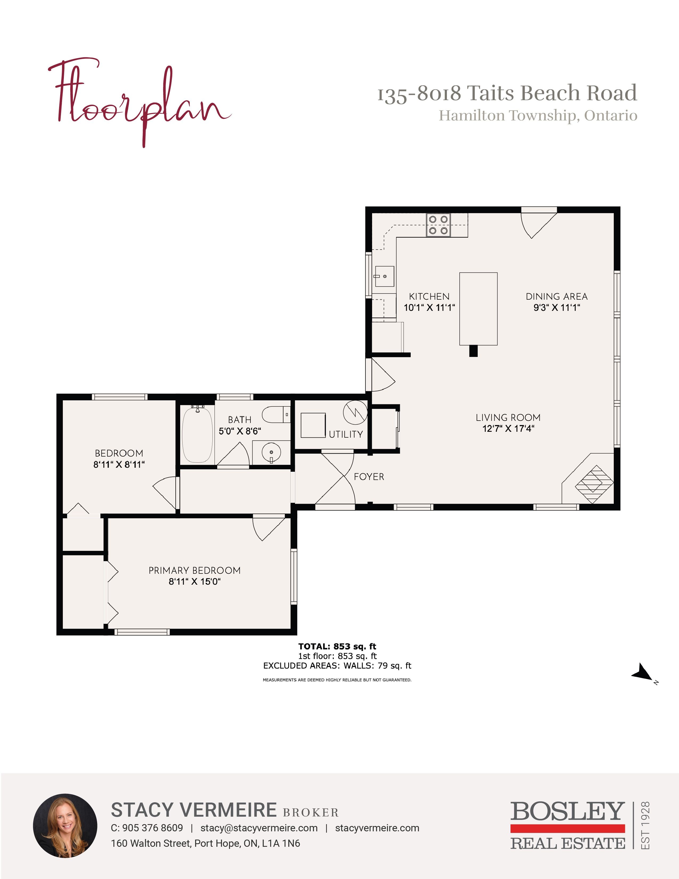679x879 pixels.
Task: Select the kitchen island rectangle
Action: click(x=478, y=309)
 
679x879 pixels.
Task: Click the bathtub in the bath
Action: click(x=197, y=434)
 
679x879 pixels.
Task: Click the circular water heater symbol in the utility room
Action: click(x=355, y=413)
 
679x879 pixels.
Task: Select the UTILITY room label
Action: click(x=346, y=434)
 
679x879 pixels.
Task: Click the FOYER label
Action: click(x=369, y=477)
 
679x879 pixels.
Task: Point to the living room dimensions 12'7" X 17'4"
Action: click(x=508, y=429)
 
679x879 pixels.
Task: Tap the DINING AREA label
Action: click(x=557, y=297)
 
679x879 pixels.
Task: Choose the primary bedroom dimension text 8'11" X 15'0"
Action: click(x=195, y=581)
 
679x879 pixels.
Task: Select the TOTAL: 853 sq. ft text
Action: click(x=337, y=646)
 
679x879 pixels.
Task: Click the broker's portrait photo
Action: click(x=65, y=826)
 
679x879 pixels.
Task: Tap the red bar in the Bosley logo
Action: click(x=567, y=828)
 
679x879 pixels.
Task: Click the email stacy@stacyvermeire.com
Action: click(x=259, y=828)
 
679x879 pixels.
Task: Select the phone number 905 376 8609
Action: click(x=153, y=828)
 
